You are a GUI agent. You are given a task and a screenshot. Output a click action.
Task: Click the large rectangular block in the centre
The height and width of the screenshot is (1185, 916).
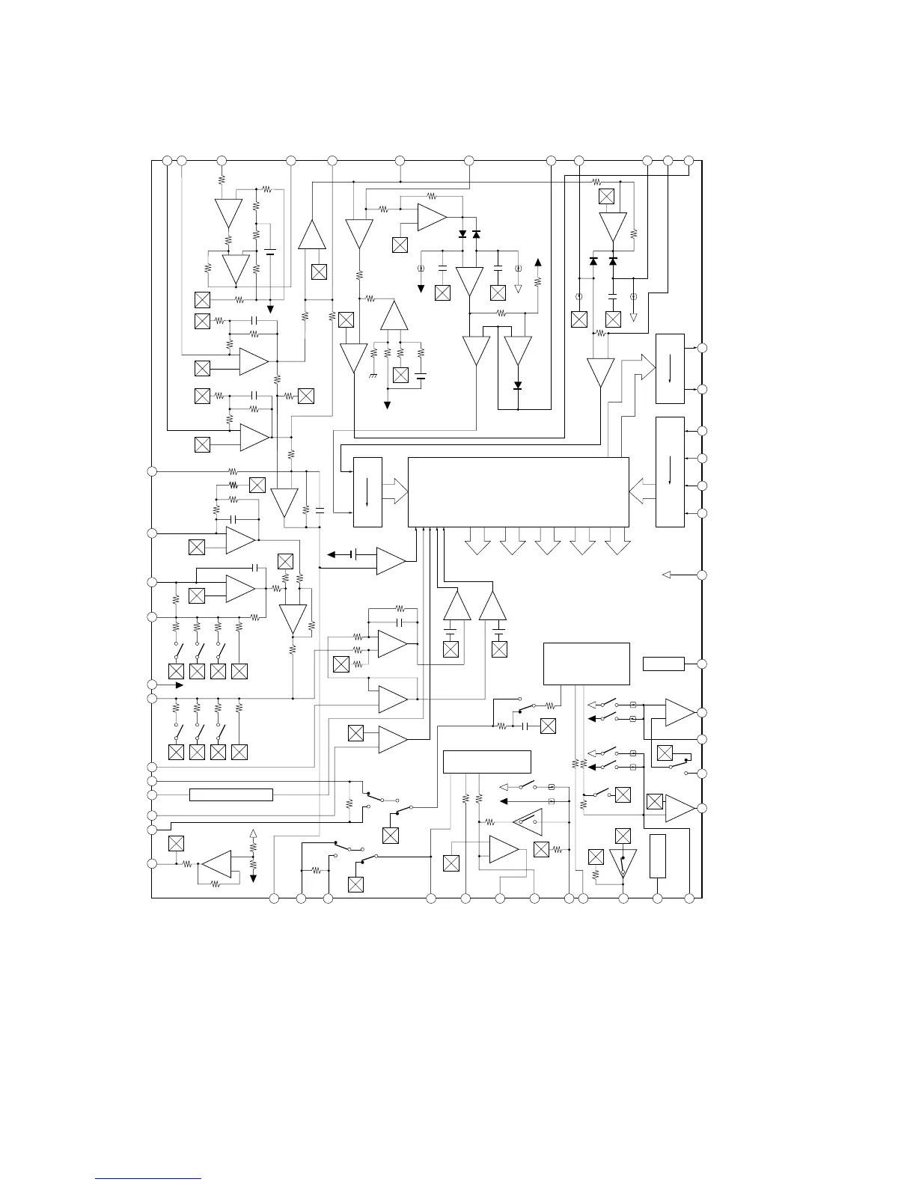coord(518,492)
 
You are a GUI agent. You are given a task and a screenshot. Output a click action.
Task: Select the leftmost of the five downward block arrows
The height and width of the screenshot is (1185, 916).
coord(477,542)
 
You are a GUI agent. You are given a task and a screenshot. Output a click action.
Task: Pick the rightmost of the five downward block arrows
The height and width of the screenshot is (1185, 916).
coord(617,542)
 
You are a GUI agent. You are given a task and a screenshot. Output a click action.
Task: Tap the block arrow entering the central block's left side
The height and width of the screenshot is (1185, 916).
coord(395,492)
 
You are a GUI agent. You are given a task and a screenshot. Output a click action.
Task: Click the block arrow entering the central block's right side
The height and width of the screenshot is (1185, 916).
coord(642,492)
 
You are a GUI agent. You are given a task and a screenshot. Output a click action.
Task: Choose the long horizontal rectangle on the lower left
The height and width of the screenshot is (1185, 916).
coord(230,794)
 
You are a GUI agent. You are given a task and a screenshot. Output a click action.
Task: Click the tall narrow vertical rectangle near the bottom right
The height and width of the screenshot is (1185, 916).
coord(657,856)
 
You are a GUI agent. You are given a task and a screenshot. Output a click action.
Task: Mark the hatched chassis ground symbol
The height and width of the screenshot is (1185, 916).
coord(373,373)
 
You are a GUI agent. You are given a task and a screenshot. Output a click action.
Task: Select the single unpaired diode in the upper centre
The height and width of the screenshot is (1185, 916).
coord(517,386)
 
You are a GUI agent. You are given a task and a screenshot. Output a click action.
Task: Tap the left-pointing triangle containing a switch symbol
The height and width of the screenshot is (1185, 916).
coord(528,821)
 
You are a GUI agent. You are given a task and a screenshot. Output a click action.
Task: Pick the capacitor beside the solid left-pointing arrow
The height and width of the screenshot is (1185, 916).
coord(357,554)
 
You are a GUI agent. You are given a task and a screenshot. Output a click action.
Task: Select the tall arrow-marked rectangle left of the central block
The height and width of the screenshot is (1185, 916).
coord(367,492)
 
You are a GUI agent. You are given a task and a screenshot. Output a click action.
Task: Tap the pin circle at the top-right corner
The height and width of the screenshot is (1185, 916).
coord(689,160)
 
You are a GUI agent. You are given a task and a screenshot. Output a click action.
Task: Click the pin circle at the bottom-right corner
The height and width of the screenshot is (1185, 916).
coord(689,898)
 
